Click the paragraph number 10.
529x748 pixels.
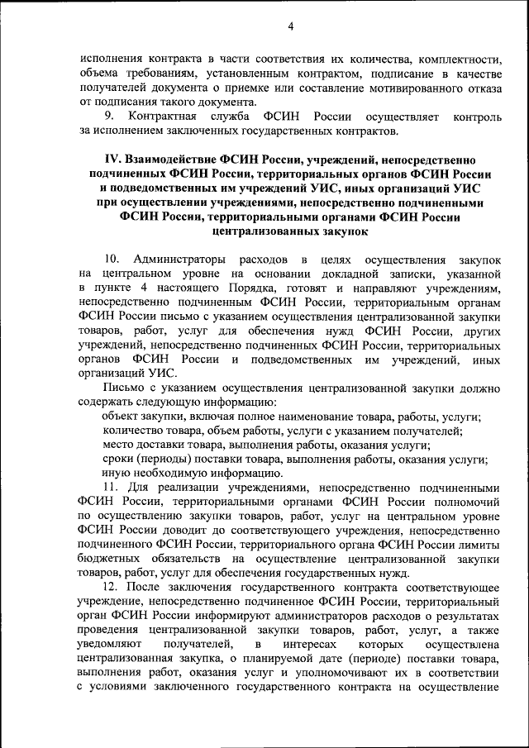[x=111, y=261]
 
